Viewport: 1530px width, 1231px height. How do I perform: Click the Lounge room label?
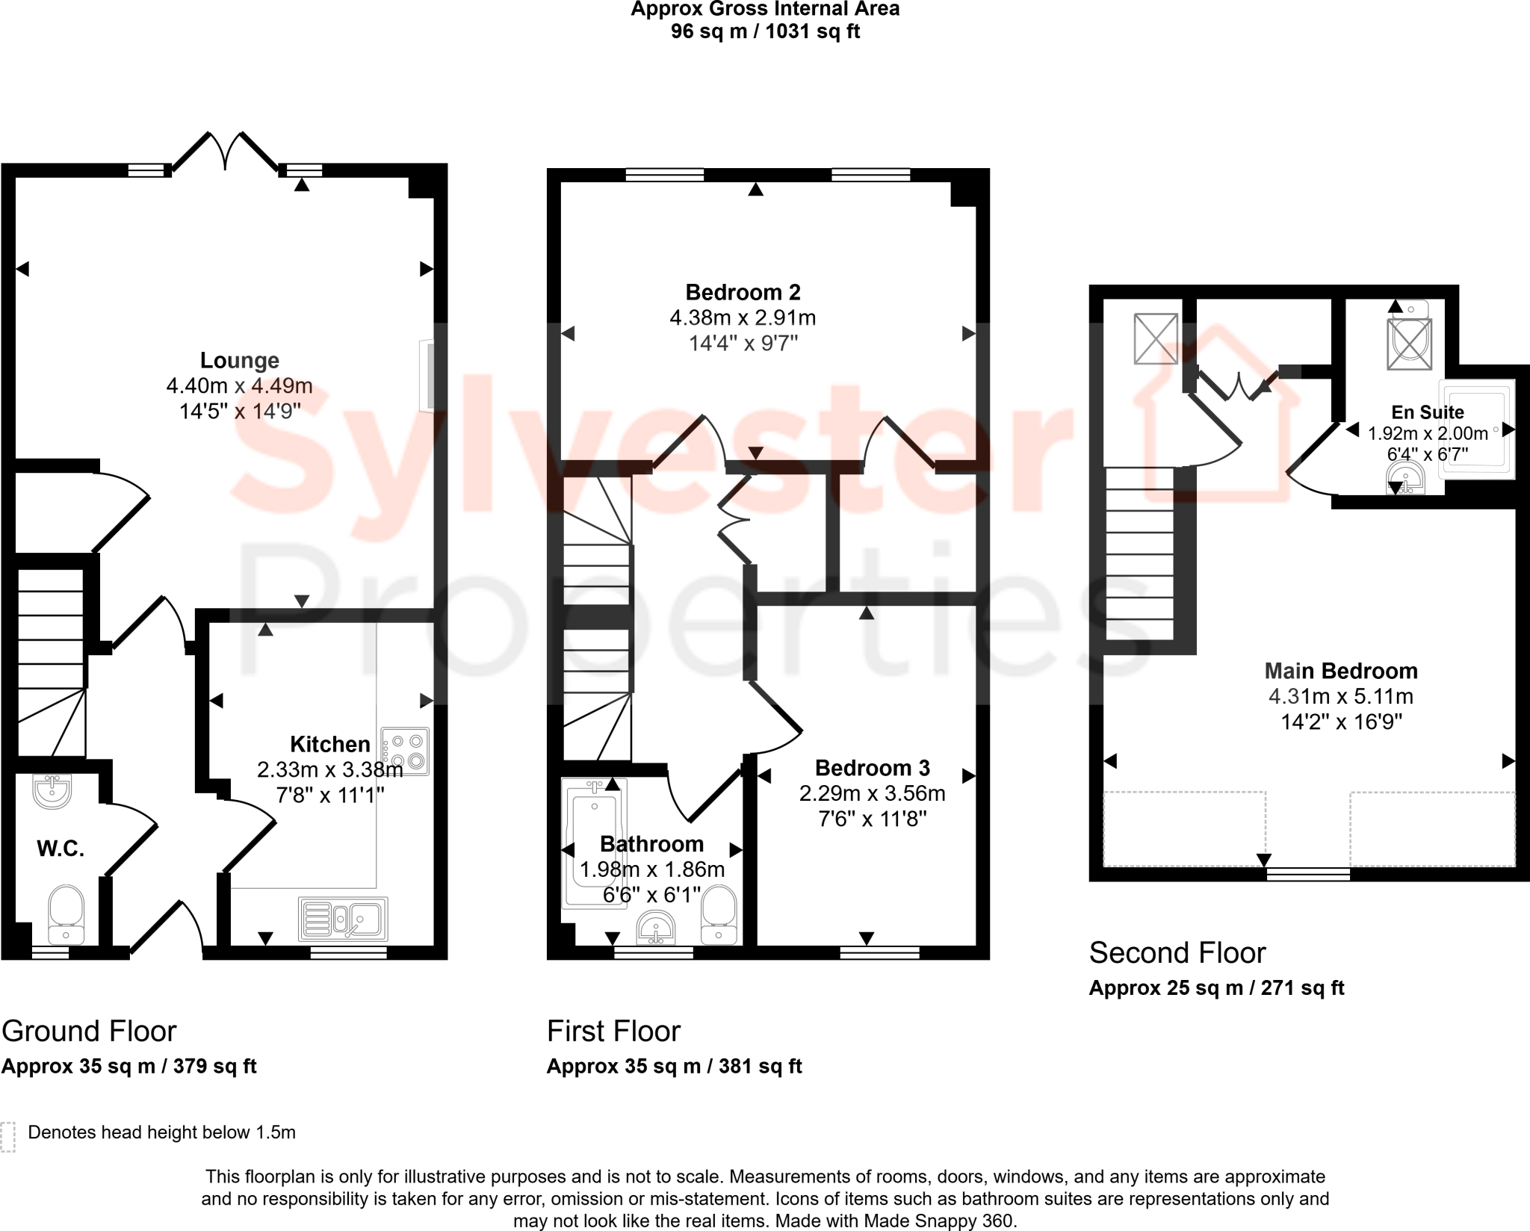click(239, 361)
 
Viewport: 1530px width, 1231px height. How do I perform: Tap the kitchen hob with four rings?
click(405, 751)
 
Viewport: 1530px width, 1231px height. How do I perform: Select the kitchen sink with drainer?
click(344, 919)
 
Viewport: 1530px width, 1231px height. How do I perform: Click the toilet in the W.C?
click(66, 914)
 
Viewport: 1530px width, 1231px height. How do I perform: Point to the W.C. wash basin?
click(52, 791)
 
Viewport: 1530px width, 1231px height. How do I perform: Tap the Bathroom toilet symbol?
click(719, 914)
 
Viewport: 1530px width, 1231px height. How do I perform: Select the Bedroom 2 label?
click(743, 292)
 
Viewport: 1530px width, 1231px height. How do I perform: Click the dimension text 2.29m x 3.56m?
click(872, 793)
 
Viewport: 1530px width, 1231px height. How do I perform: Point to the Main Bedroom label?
click(1340, 671)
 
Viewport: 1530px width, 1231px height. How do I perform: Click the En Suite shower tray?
click(1476, 429)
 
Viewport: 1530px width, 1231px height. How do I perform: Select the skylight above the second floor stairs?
click(1156, 338)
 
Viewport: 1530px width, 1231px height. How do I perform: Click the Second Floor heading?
click(1177, 953)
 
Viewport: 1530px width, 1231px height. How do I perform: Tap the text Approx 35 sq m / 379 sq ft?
click(128, 1066)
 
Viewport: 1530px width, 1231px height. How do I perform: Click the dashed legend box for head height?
click(8, 1137)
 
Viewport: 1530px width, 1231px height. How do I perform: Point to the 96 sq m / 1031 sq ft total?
click(765, 31)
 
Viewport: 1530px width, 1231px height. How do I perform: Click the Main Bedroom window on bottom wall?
click(1308, 874)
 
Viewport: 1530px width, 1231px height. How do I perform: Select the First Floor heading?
click(613, 1032)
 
